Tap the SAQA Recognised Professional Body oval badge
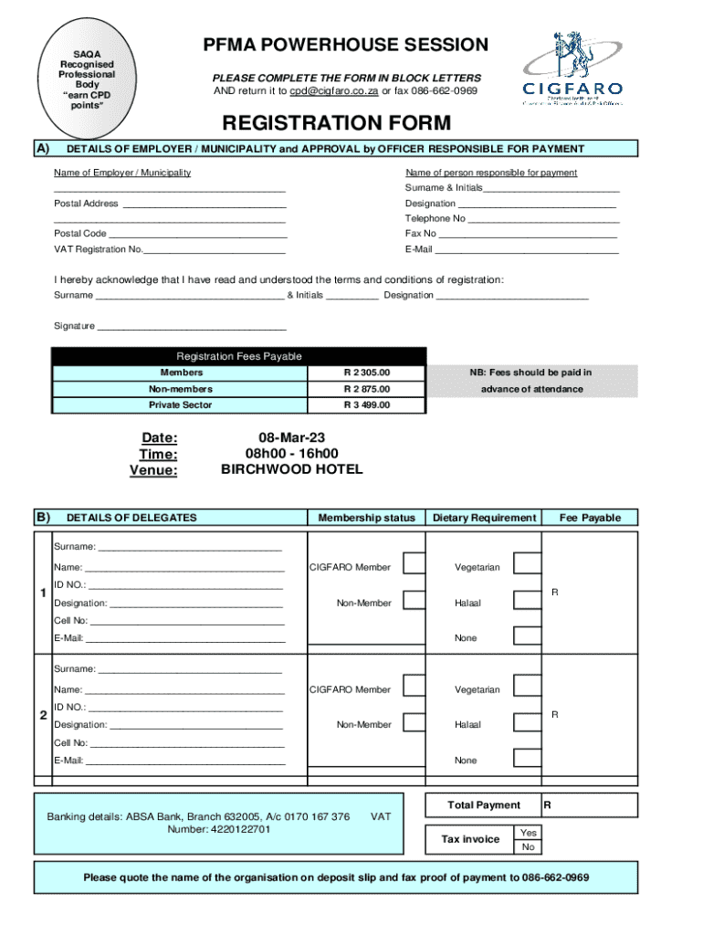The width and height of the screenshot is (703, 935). (88, 79)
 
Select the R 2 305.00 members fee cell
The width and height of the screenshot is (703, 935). (366, 373)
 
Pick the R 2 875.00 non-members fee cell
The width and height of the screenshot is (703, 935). (366, 389)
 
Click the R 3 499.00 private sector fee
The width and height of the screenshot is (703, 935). (366, 404)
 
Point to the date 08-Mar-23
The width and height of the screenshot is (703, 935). (291, 437)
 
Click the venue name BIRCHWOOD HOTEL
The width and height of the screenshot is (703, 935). (291, 469)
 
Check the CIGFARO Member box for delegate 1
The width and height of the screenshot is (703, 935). (414, 564)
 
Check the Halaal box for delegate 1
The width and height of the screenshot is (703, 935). (527, 600)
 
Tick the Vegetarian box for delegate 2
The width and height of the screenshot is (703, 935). (527, 687)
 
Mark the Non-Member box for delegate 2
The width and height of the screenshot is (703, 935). (414, 722)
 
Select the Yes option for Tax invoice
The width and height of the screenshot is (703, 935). (528, 832)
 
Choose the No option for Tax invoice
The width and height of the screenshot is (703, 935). (528, 847)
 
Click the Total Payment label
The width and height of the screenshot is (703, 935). (484, 805)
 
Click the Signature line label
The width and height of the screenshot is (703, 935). (74, 326)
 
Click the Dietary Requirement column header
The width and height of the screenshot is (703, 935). (484, 518)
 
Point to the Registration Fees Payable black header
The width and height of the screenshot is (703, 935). (238, 356)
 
